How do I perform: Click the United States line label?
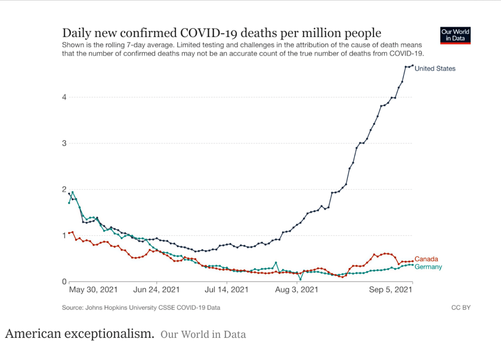pos(435,69)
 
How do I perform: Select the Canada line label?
pos(426,259)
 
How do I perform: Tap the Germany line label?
pos(428,267)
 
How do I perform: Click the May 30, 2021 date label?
pos(93,290)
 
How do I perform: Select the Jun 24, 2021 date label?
pos(157,290)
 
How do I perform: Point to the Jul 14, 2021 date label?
pos(227,290)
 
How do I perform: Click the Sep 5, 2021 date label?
pos(389,290)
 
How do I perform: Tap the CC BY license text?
pos(461,307)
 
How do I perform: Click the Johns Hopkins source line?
pos(141,307)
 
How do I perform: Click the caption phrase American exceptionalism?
pos(80,334)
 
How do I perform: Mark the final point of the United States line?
pos(412,66)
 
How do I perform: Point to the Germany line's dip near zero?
pos(300,279)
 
